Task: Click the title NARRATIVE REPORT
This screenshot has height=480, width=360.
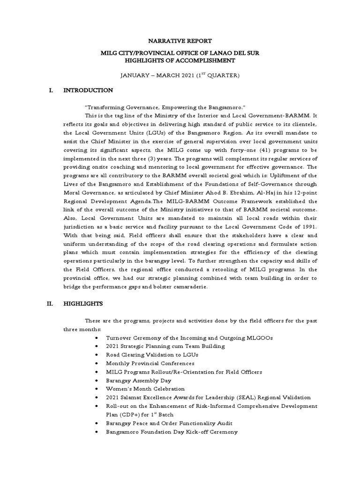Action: click(180, 41)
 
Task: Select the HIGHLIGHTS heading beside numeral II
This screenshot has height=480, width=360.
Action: click(83, 304)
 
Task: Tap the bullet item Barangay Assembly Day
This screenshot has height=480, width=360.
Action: click(139, 380)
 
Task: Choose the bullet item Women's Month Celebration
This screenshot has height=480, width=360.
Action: click(145, 389)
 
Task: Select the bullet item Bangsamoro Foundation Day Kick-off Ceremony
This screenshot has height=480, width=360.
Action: click(172, 431)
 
